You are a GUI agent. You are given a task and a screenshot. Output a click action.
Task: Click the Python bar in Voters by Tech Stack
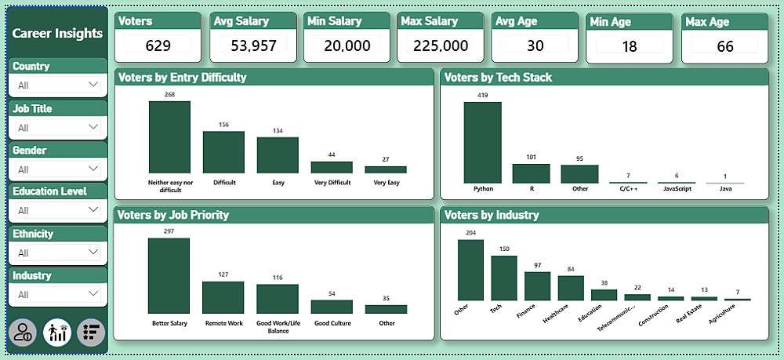coord(482,143)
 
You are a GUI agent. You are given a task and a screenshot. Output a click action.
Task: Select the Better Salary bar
coord(169,276)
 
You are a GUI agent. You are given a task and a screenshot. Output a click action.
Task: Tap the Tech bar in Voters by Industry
coord(504,278)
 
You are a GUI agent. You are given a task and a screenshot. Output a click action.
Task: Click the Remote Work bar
coord(223,297)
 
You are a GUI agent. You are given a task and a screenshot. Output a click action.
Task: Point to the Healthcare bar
coord(571,288)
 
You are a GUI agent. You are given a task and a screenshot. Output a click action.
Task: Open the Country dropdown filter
coord(59,84)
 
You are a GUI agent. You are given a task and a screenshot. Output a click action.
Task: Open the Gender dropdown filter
coord(59,169)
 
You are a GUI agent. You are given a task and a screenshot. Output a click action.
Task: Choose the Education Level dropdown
coord(59,210)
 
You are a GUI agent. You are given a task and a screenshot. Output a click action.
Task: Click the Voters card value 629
coord(158,45)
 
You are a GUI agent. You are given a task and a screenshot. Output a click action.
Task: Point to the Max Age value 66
coord(725,46)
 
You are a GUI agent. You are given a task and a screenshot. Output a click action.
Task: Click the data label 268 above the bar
coord(169,95)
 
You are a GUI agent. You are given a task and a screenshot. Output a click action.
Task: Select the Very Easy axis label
coord(386,182)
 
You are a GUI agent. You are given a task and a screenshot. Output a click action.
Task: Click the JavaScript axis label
coord(677,189)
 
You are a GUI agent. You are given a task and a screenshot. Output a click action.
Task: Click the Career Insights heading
coord(57,33)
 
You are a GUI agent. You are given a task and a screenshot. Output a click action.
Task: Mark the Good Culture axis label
coord(332,322)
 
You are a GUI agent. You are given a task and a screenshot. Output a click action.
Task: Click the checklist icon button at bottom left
coord(92,332)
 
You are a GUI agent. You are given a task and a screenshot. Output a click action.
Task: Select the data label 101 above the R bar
coord(531,158)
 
